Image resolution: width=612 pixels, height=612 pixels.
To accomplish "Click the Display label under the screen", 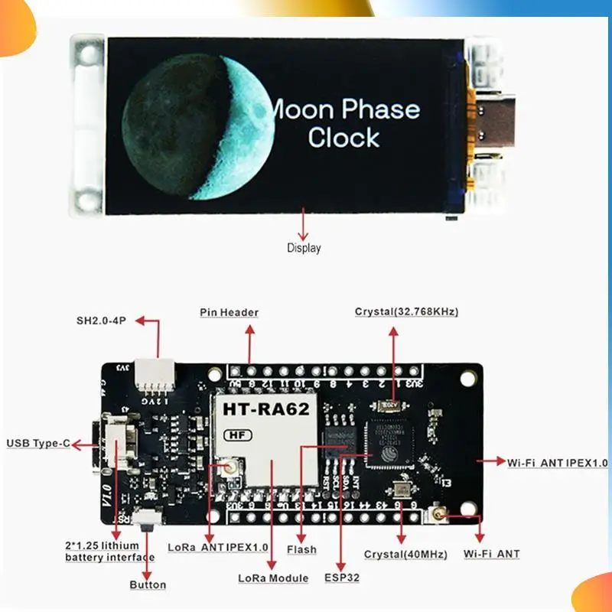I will [304, 248].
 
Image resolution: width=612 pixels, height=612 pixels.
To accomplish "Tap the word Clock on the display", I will [344, 138].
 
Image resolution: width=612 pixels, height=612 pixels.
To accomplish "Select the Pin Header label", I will [229, 312].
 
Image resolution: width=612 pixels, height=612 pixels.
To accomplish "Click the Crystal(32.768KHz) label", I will [406, 311].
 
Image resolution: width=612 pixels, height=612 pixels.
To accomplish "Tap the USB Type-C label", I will [38, 443].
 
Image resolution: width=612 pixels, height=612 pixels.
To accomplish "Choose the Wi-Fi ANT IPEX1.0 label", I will [558, 462].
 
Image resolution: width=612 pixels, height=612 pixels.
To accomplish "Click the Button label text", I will [148, 585].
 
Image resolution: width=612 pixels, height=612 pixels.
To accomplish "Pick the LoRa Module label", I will [273, 578].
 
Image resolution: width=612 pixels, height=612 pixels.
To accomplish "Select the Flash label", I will [301, 549].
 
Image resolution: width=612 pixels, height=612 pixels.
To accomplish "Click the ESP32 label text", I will [341, 578].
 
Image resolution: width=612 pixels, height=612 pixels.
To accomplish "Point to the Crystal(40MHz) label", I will [405, 554].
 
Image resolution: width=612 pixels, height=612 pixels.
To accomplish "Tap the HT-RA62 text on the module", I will [265, 409].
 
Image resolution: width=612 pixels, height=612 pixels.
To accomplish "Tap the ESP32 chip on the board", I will [389, 441].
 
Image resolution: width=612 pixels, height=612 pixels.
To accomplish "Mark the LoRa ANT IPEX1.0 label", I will [218, 548].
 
